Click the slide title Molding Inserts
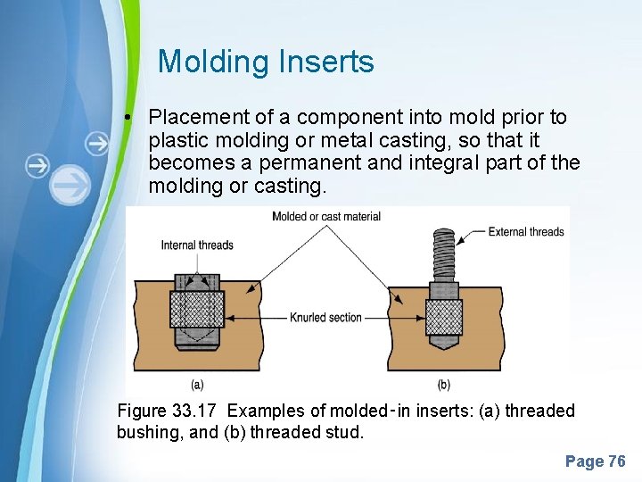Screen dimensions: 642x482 [266, 62]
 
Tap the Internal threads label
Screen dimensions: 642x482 [197, 245]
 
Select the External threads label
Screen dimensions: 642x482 [526, 232]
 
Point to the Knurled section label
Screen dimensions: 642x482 [326, 317]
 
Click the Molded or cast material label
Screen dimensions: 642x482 [326, 216]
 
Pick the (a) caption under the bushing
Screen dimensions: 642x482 [198, 385]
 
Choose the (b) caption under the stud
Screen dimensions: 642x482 [443, 385]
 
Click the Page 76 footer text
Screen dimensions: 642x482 [595, 461]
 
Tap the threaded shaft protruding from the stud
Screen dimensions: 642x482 [444, 254]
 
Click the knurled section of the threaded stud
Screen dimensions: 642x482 [444, 317]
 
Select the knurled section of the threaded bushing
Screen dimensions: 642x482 [197, 309]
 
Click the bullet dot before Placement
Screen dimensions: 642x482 [130, 117]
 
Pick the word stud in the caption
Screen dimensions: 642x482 [347, 433]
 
